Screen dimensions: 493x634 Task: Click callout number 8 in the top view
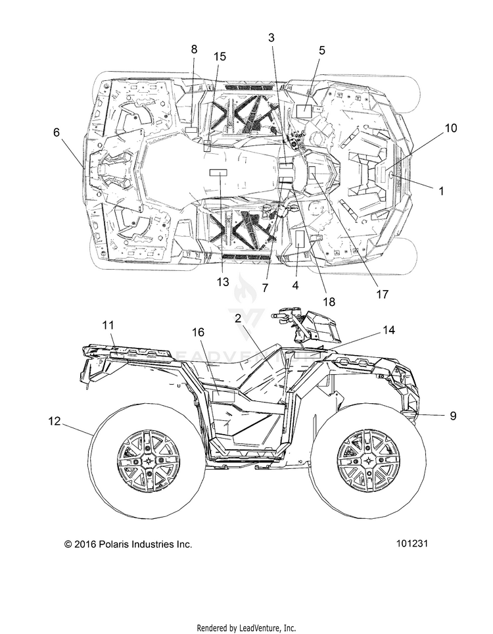pos(195,49)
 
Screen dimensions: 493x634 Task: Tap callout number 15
pos(220,57)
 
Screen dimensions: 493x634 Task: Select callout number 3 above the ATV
pos(271,37)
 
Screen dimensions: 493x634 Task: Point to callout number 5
pos(321,51)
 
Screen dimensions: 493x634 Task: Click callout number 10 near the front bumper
pos(451,128)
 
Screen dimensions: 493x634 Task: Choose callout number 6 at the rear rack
pos(56,132)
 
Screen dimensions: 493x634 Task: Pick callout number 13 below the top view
pos(223,282)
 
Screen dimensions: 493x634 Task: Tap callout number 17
pos(383,295)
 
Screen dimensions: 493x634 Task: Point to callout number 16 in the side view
pos(198,332)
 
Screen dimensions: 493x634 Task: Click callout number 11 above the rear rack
pos(108,325)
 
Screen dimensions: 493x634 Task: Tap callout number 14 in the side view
pos(388,330)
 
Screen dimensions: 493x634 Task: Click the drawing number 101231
pos(411,543)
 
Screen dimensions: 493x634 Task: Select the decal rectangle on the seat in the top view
pos(218,173)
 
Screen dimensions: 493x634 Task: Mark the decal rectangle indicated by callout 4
pos(300,240)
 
